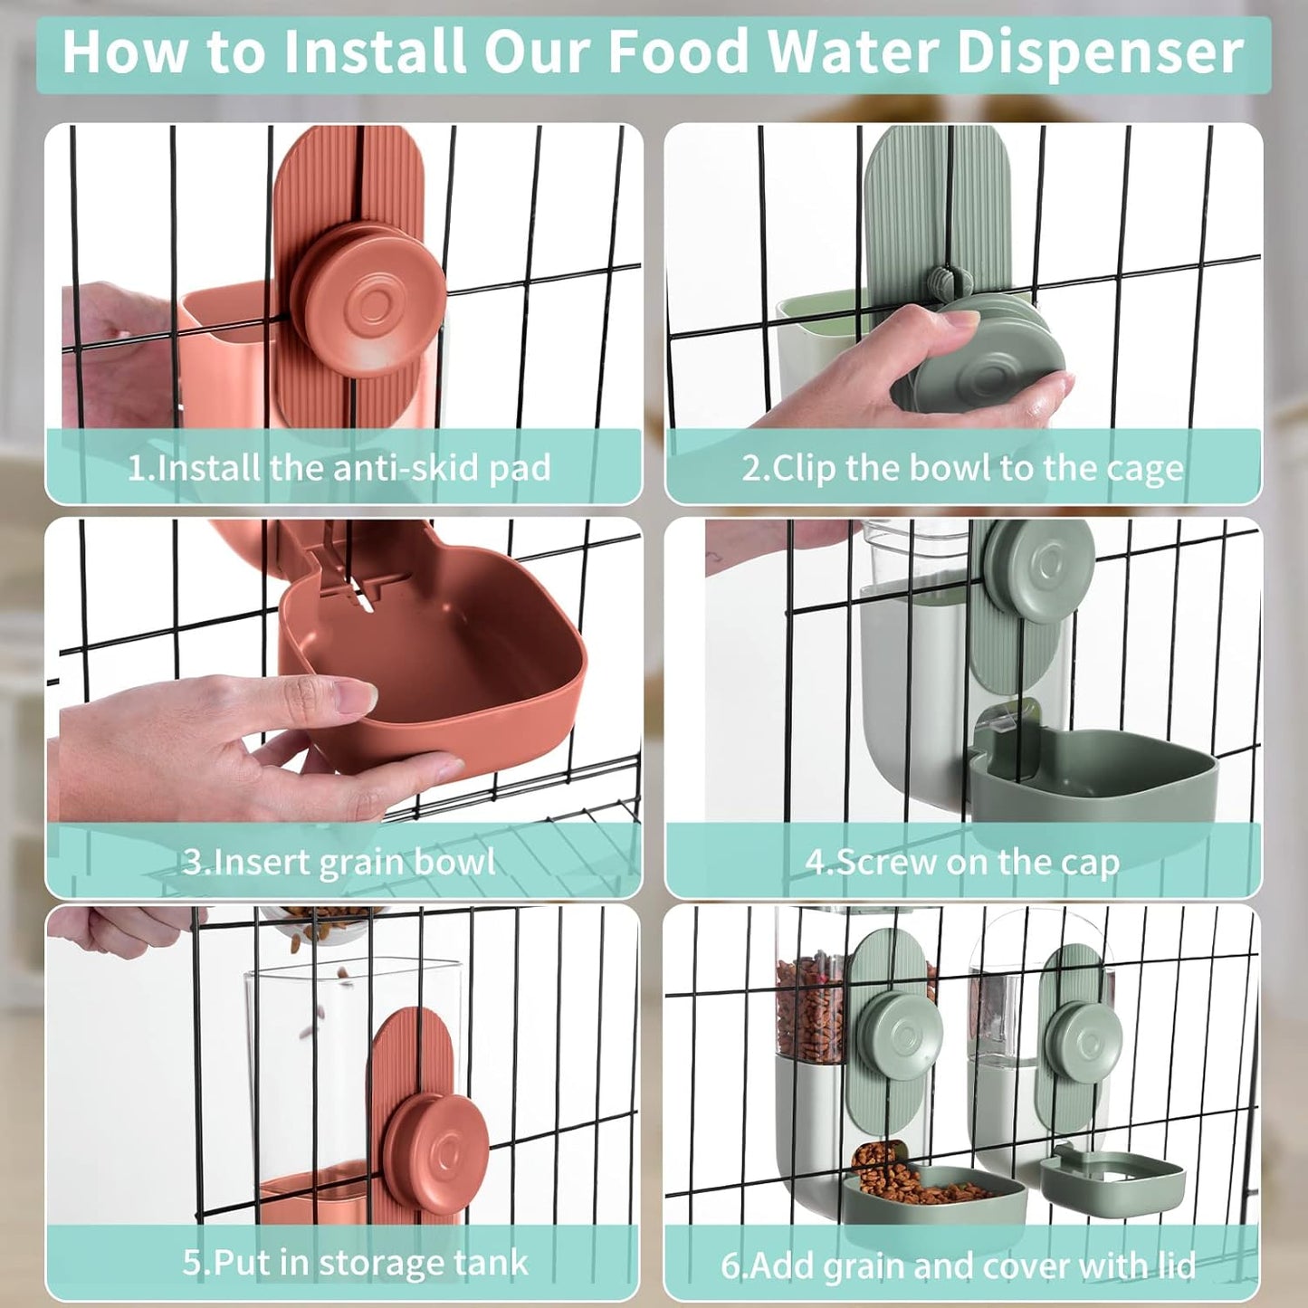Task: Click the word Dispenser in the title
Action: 1100,53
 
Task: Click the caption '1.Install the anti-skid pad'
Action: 339,468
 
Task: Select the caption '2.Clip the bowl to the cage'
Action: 962,468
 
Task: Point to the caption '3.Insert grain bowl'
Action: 339,861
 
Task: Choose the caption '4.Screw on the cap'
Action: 962,861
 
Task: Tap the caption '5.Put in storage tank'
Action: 355,1262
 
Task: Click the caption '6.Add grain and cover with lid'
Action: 958,1265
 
